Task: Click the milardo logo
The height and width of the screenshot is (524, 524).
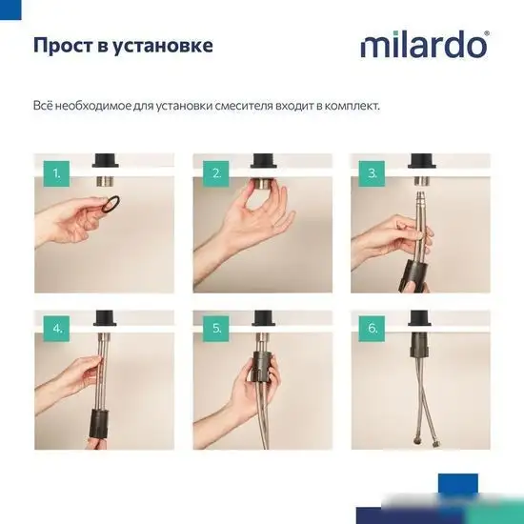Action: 424,45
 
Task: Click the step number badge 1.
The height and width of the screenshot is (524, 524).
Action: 56,172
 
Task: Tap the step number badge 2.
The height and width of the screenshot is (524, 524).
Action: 216,172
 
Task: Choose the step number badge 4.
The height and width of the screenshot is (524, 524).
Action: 56,329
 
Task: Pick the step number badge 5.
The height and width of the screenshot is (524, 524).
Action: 216,329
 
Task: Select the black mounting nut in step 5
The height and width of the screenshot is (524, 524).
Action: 262,368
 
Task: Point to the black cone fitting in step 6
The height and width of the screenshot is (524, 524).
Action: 418,345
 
